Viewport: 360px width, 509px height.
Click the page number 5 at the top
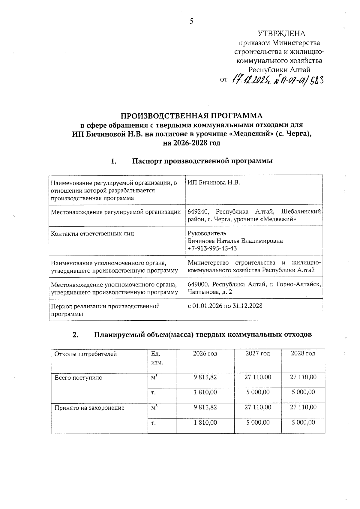tap(191, 21)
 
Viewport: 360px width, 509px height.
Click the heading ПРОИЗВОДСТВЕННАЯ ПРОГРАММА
tap(191, 116)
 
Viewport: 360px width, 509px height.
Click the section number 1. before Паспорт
tap(113, 161)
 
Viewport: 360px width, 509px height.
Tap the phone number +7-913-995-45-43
tap(212, 248)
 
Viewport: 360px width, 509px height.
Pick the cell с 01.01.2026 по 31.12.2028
tap(225, 306)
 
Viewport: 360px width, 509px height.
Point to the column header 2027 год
tap(258, 354)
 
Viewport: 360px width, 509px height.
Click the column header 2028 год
tap(303, 354)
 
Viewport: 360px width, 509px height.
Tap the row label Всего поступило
tap(78, 378)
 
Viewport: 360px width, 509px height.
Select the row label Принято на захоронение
tap(89, 408)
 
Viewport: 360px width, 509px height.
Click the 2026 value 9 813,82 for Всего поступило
tap(205, 377)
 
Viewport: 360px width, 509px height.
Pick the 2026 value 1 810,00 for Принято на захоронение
tap(205, 423)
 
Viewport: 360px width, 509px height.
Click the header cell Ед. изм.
tap(157, 358)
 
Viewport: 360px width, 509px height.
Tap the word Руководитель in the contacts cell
tap(207, 233)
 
